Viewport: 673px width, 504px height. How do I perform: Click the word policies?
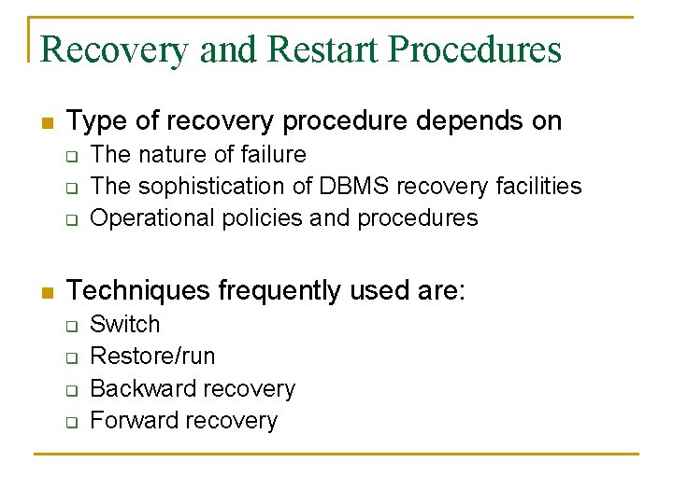(238, 217)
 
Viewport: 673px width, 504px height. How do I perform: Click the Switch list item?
(124, 324)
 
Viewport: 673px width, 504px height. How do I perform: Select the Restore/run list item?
(152, 356)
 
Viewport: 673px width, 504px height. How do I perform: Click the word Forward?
(131, 419)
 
